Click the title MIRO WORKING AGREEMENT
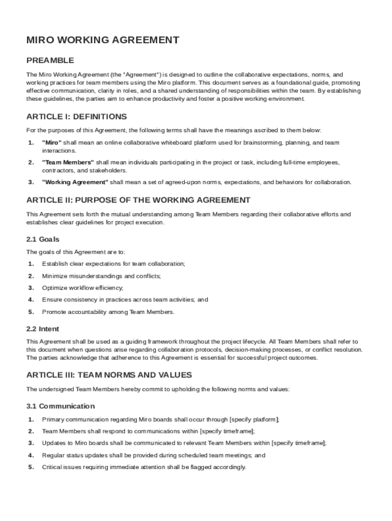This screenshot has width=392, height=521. [103, 40]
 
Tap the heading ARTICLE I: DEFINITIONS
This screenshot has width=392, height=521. [76, 117]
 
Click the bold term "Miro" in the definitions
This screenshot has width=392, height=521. [51, 142]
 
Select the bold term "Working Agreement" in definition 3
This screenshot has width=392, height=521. [75, 182]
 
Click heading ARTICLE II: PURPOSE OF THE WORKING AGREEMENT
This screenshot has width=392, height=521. [138, 200]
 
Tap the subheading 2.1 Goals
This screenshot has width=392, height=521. [43, 239]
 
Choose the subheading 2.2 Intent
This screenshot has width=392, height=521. [42, 329]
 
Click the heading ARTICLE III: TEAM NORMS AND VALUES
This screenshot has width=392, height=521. [109, 375]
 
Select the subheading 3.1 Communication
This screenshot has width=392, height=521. [60, 406]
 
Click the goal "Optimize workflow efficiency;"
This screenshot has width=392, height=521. [82, 288]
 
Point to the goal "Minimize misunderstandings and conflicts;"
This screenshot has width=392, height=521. [101, 276]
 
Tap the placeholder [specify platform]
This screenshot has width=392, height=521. [254, 420]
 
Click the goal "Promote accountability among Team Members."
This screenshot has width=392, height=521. [108, 312]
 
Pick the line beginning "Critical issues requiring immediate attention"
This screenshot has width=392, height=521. [144, 467]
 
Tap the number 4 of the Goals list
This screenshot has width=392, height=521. [31, 300]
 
